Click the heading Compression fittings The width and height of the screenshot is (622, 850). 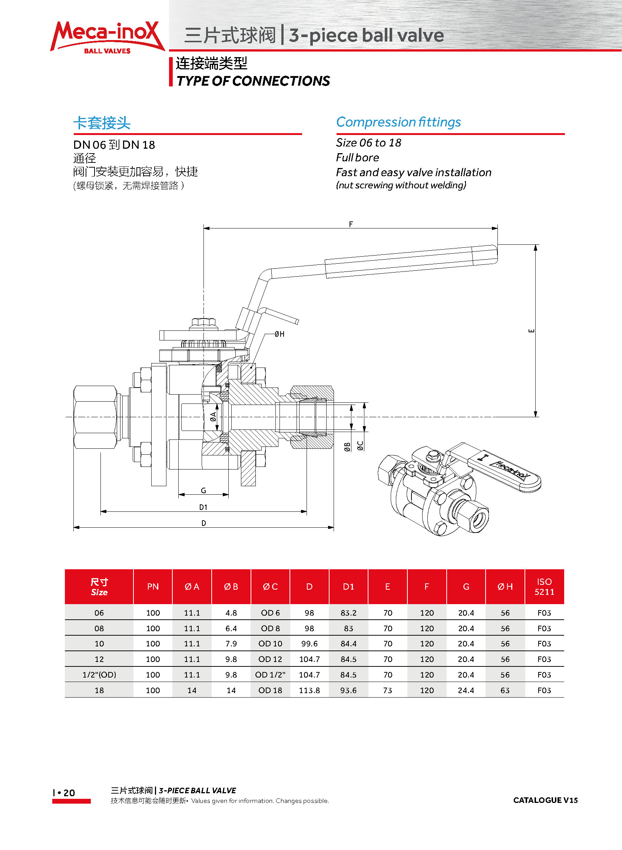[x=398, y=122]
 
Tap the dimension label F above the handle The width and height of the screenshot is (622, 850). [x=351, y=224]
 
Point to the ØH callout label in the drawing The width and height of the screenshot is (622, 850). [x=279, y=334]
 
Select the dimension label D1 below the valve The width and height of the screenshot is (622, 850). [x=203, y=507]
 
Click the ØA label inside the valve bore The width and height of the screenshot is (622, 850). [x=213, y=416]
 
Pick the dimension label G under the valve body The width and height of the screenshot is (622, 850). [x=203, y=490]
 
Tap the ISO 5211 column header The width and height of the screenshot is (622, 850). [x=544, y=586]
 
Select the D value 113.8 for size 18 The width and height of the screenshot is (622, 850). [x=309, y=690]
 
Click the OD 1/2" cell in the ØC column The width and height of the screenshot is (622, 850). [x=270, y=675]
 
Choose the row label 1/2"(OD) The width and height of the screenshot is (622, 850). [x=99, y=675]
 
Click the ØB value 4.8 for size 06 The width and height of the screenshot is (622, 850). [x=231, y=613]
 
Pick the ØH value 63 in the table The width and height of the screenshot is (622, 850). [x=505, y=690]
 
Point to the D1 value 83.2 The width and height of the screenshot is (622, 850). [x=348, y=613]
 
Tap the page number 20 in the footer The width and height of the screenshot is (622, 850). [x=69, y=793]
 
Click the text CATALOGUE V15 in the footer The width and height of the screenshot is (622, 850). [x=545, y=800]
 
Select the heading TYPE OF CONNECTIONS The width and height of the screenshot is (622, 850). [x=253, y=81]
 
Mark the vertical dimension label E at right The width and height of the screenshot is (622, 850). [x=531, y=331]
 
